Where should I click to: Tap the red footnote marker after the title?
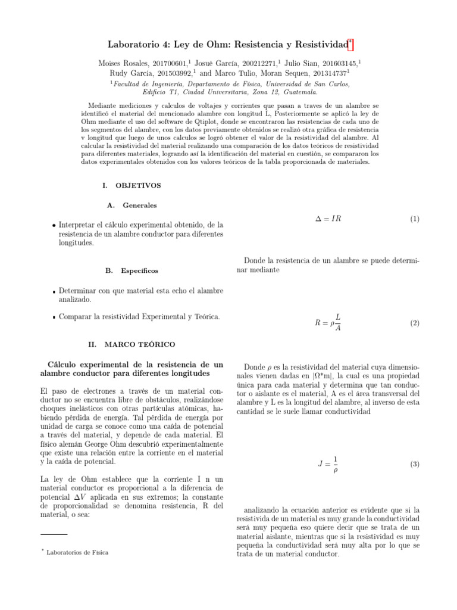click(x=350, y=43)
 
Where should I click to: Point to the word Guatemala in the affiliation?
click(x=297, y=92)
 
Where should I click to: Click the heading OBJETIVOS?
click(x=137, y=185)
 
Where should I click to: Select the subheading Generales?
click(x=139, y=206)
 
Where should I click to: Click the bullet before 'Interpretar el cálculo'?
click(x=54, y=226)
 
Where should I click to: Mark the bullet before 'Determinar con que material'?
click(x=54, y=292)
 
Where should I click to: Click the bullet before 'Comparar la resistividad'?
click(x=54, y=318)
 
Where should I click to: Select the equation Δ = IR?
click(x=328, y=219)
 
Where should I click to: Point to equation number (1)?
click(x=415, y=219)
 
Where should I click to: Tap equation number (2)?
click(x=415, y=323)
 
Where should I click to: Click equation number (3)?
click(x=415, y=463)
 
